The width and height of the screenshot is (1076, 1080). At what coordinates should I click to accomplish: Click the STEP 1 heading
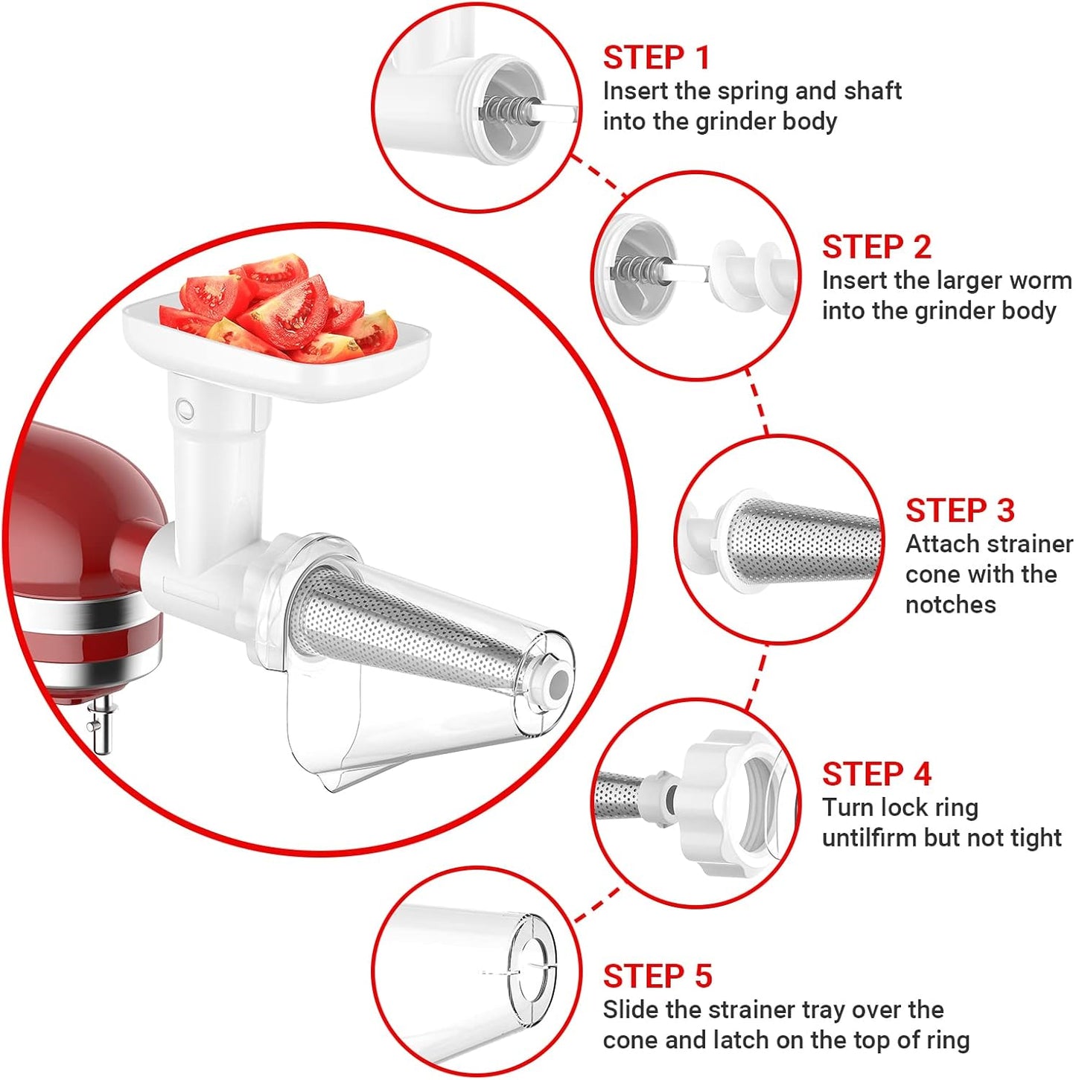tap(656, 58)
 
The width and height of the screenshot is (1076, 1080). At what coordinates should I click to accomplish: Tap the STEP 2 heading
tap(876, 247)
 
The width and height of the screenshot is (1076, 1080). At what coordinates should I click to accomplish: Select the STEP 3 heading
tap(959, 511)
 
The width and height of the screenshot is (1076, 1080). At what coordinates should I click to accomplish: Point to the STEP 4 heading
tap(876, 774)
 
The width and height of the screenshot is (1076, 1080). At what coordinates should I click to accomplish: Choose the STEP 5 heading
tap(657, 976)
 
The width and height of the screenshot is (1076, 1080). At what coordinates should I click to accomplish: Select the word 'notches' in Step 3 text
tap(950, 604)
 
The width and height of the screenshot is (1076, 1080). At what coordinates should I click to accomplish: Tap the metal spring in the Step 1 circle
tap(503, 110)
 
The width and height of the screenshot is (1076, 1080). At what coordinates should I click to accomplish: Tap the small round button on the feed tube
tap(185, 409)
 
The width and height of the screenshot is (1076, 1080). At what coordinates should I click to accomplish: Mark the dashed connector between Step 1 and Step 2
tap(598, 176)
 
